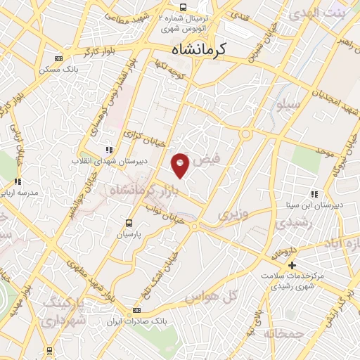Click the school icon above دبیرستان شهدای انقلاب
(x=108, y=150)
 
